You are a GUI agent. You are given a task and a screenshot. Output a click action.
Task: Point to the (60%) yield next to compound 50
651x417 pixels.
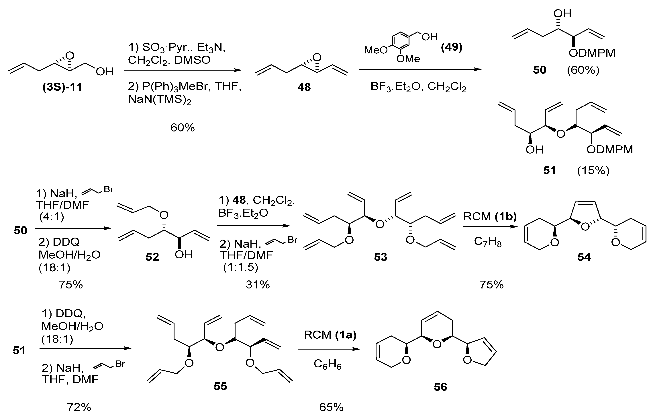pos(583,70)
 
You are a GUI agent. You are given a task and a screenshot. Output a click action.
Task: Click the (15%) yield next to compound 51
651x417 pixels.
pos(593,170)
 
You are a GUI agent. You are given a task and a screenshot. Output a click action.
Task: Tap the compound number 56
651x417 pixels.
pos(440,387)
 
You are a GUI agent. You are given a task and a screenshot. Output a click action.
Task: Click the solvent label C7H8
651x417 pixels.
pos(488,242)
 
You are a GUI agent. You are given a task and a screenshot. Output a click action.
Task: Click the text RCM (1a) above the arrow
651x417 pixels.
pos(330,335)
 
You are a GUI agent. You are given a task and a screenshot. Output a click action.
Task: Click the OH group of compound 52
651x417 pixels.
pos(183,255)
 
